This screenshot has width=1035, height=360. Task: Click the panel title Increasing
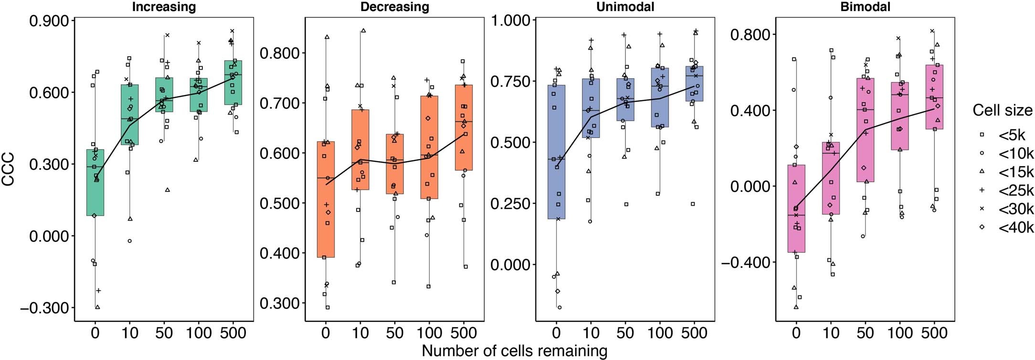pyautogui.click(x=164, y=7)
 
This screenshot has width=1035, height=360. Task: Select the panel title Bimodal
pyautogui.click(x=865, y=7)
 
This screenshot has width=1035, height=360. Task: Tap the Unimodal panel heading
pyautogui.click(x=625, y=7)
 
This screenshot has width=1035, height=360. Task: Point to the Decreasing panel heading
pyautogui.click(x=394, y=7)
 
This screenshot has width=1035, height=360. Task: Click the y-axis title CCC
pyautogui.click(x=8, y=169)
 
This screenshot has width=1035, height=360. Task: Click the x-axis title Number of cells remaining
pyautogui.click(x=514, y=351)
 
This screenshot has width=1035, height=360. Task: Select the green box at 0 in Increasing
pyautogui.click(x=95, y=182)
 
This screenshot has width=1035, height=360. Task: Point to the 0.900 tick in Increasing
pyautogui.click(x=50, y=21)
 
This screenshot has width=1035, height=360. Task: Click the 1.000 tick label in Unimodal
pyautogui.click(x=511, y=21)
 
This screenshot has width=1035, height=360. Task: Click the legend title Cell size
pyautogui.click(x=1003, y=111)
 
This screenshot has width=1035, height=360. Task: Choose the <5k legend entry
pyautogui.click(x=1012, y=135)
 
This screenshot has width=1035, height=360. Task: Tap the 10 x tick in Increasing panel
pyautogui.click(x=129, y=333)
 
